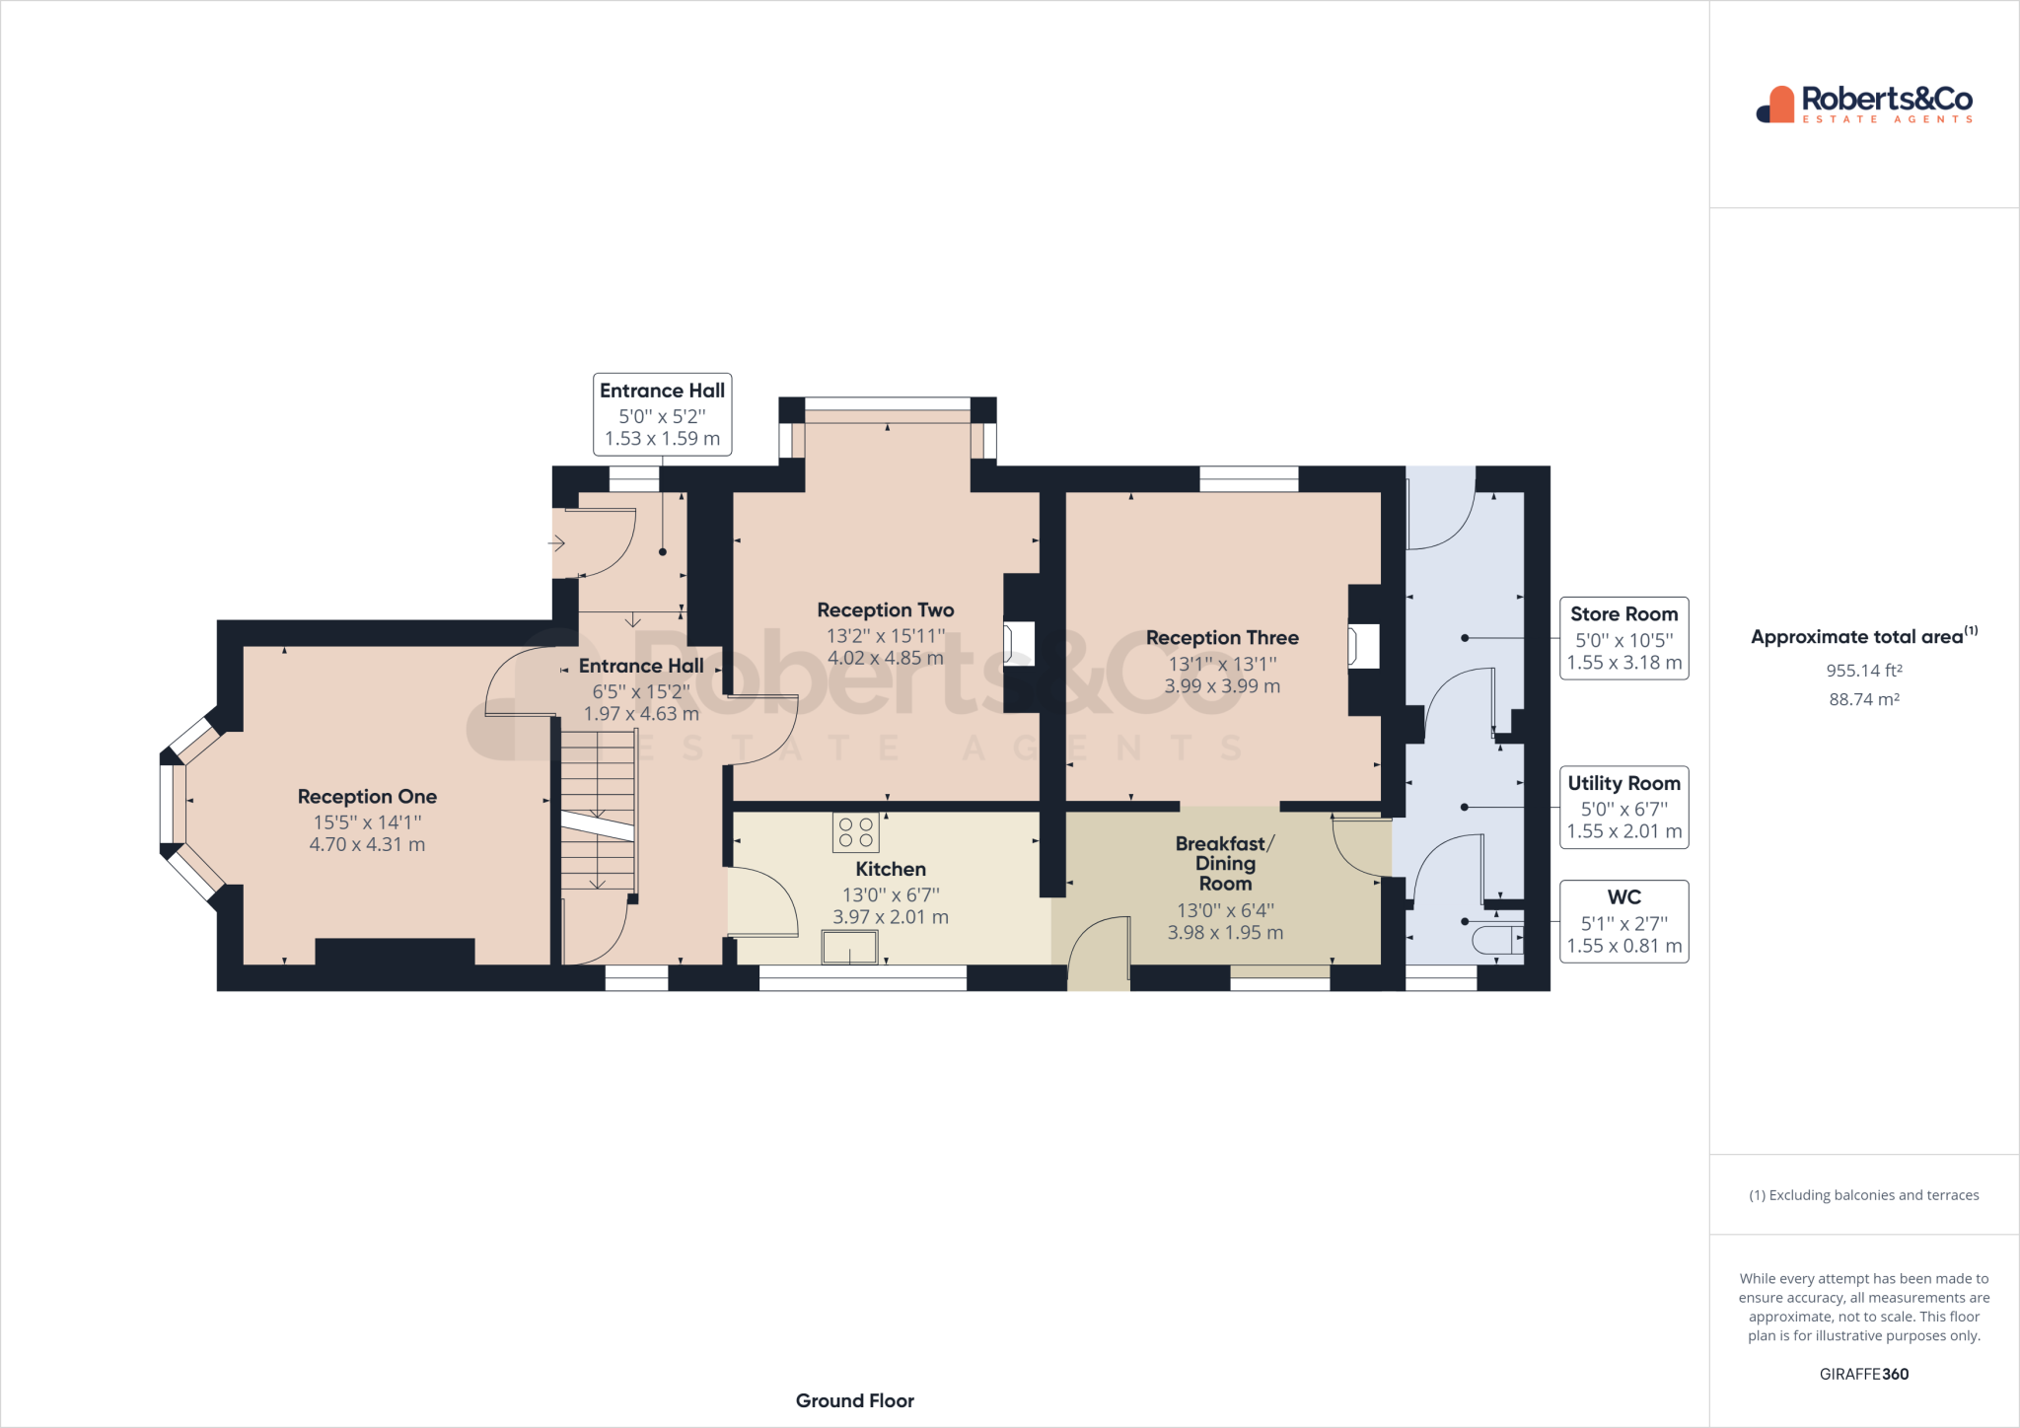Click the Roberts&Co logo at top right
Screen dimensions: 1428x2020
pyautogui.click(x=1863, y=104)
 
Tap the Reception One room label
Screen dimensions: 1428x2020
pyautogui.click(x=367, y=797)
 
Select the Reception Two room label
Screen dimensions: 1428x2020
pyautogui.click(x=885, y=610)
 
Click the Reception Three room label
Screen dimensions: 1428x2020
pyautogui.click(x=1221, y=638)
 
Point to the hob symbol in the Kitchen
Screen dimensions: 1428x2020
pyautogui.click(x=855, y=832)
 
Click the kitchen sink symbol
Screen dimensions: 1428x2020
pyautogui.click(x=849, y=948)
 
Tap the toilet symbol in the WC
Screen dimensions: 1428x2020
pyautogui.click(x=1496, y=940)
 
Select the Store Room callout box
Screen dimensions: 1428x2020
pyautogui.click(x=1623, y=638)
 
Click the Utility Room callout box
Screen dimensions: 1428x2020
pyautogui.click(x=1623, y=807)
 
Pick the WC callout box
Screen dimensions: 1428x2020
pyautogui.click(x=1623, y=921)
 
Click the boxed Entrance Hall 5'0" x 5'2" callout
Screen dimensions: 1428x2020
pyautogui.click(x=662, y=414)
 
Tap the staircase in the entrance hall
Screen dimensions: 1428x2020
pyautogui.click(x=598, y=809)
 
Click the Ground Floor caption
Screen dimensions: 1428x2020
pyautogui.click(x=854, y=1400)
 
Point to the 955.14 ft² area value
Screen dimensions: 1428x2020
pyautogui.click(x=1863, y=671)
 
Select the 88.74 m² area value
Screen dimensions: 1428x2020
pyautogui.click(x=1863, y=699)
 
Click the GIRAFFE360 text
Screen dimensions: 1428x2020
pyautogui.click(x=1863, y=1374)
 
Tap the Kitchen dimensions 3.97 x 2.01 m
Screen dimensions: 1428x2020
pyautogui.click(x=890, y=917)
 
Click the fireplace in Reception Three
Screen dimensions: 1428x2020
pyautogui.click(x=1363, y=647)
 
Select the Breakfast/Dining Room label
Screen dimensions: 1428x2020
pyautogui.click(x=1224, y=863)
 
